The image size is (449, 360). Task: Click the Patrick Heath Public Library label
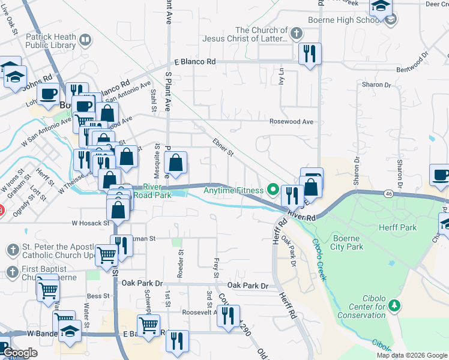coord(51,41)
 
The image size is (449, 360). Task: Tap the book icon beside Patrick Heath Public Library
coord(85,41)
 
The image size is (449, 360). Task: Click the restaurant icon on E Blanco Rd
coord(310,55)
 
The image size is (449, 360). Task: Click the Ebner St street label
coord(222,148)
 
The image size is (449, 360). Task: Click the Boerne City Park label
coord(346,242)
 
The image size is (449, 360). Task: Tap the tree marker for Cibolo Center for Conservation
coord(394,306)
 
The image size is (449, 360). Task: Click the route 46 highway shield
coord(389,194)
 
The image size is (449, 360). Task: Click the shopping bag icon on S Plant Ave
coord(175,163)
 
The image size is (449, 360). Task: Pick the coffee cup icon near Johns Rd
coord(48,94)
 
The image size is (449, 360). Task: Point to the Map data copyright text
coord(412,355)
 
